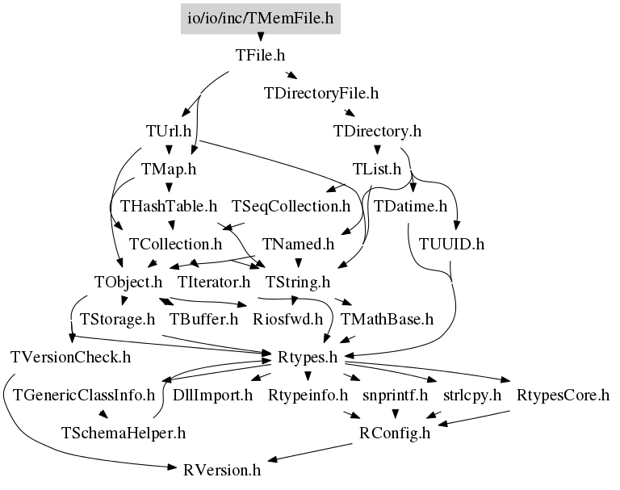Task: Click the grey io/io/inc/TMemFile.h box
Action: tap(261, 19)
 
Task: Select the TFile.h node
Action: tap(260, 56)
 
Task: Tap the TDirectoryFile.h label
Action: tap(321, 94)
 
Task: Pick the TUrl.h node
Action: tap(169, 131)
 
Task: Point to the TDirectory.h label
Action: tap(377, 131)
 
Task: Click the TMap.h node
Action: tap(169, 169)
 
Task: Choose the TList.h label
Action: tap(377, 169)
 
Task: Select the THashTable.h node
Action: tap(169, 206)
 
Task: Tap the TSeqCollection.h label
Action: tap(291, 206)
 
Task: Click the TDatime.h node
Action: tap(410, 206)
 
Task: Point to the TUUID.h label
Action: tap(451, 244)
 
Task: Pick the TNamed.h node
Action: tap(298, 244)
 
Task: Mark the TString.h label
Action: tap(298, 282)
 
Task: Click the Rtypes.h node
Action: tap(308, 357)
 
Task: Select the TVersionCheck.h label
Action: tap(70, 357)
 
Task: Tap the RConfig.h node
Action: tap(395, 433)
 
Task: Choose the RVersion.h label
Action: tap(222, 471)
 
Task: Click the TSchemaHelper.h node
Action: tap(124, 433)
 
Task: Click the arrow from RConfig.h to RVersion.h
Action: tap(310, 452)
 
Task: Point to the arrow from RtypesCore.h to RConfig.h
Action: tap(474, 418)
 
